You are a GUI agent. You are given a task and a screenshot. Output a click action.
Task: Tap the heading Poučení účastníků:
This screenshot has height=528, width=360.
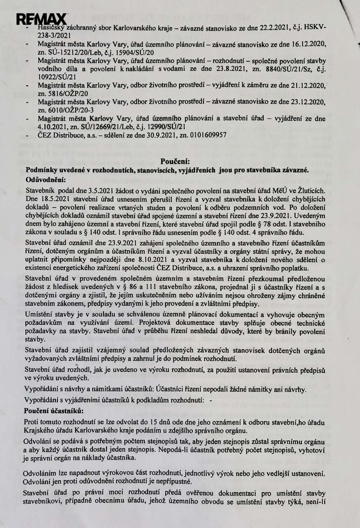54,411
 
